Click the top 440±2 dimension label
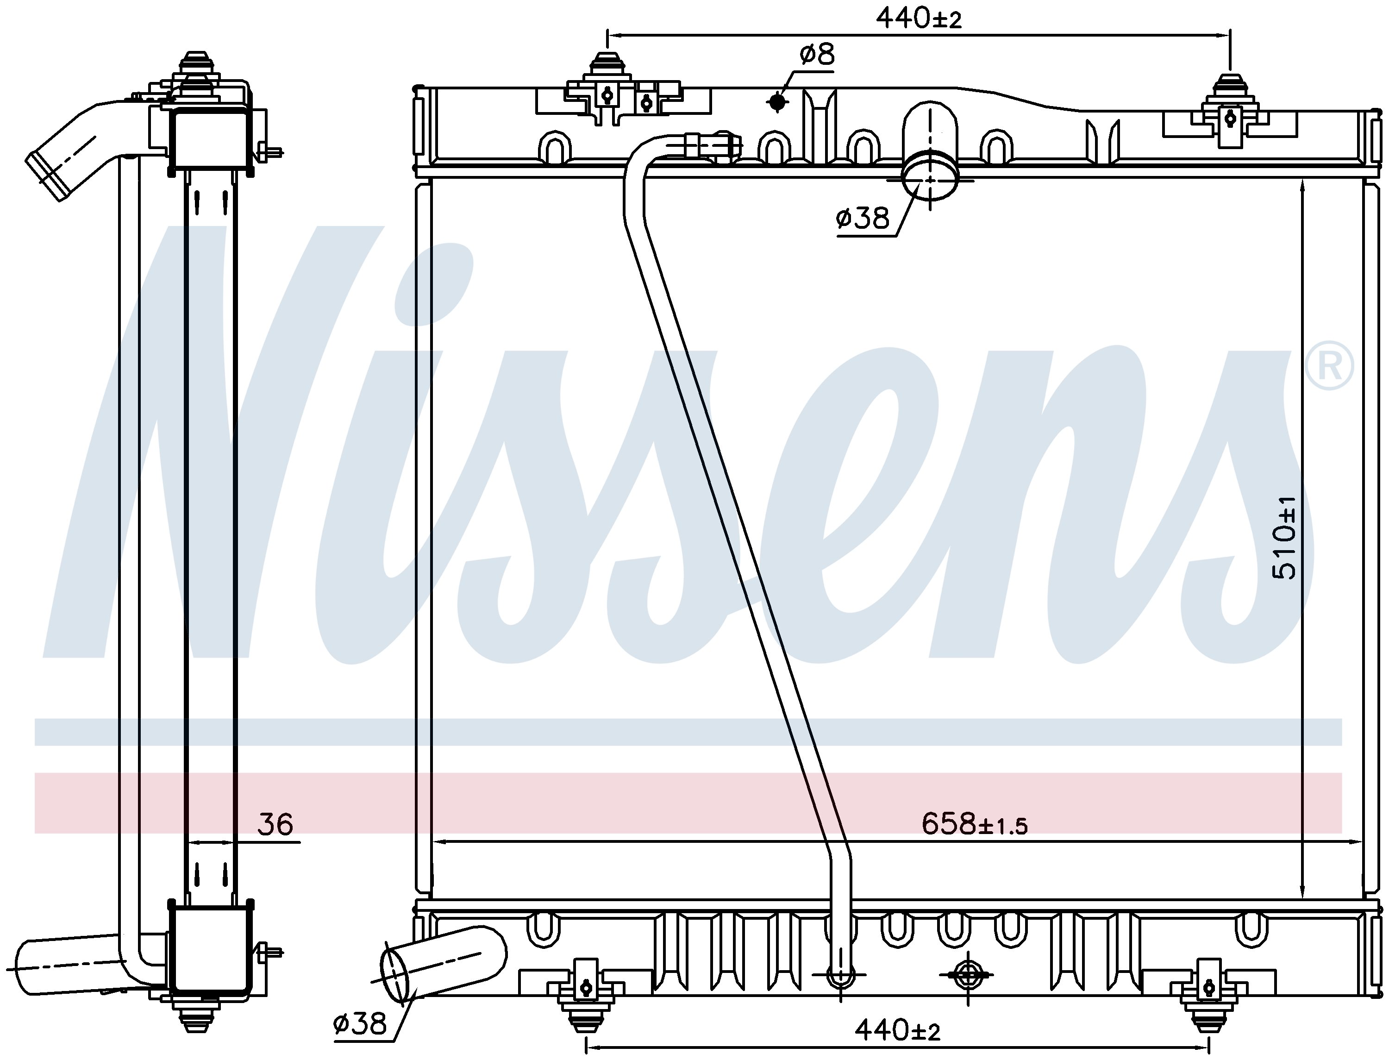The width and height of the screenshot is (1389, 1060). tap(919, 19)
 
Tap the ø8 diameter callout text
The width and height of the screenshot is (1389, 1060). tap(817, 55)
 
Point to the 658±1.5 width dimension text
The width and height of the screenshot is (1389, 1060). tap(974, 824)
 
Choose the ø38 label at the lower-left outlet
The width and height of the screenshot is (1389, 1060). tap(360, 1023)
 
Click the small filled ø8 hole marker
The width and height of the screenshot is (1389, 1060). tap(777, 101)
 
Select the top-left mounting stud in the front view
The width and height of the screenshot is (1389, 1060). tap(606, 68)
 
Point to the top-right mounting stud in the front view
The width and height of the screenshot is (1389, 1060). tap(1229, 87)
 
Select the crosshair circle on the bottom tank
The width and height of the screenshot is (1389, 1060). tap(966, 975)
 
